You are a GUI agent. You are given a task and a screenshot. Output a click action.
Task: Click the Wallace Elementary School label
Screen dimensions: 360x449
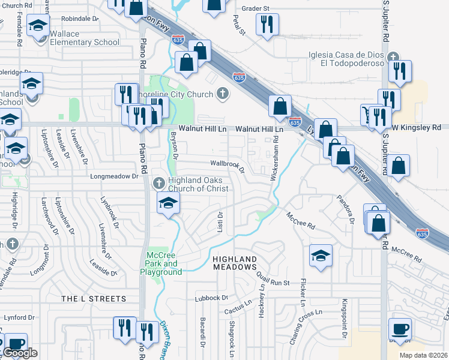(x=85, y=38)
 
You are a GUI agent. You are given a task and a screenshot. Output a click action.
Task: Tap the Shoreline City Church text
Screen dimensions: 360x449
(x=187, y=94)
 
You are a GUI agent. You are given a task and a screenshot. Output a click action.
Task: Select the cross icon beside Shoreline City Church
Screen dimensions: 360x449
(x=223, y=94)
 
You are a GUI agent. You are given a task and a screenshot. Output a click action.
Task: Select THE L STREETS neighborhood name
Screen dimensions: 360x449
(x=94, y=298)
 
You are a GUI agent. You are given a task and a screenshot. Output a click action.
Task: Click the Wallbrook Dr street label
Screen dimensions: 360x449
(x=227, y=164)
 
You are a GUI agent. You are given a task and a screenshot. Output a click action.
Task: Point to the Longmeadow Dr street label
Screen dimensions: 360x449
(x=114, y=177)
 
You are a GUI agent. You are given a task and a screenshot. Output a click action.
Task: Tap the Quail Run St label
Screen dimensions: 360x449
(x=273, y=278)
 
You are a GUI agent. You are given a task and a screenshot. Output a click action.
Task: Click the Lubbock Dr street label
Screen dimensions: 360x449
(x=212, y=298)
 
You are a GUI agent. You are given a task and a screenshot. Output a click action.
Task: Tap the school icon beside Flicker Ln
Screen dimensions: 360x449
(x=321, y=255)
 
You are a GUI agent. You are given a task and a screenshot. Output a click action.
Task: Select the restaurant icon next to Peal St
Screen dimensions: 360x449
(x=265, y=25)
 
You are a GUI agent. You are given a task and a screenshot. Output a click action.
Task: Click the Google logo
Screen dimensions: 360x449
(x=20, y=353)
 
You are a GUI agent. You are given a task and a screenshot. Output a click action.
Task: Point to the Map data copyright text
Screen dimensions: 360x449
(x=417, y=355)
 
